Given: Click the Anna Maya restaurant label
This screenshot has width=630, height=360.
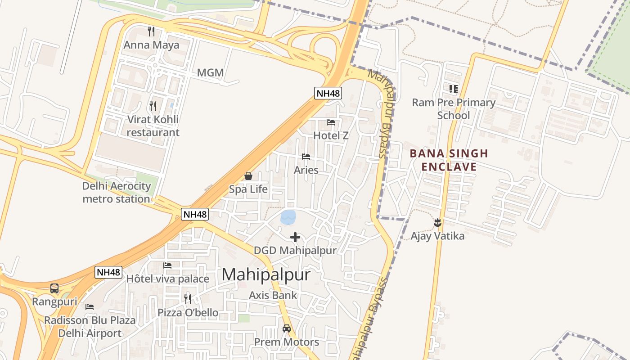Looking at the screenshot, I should [151, 45].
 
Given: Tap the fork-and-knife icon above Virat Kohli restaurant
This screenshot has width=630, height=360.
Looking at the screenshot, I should [153, 106].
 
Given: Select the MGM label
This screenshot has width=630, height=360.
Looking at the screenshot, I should [210, 72].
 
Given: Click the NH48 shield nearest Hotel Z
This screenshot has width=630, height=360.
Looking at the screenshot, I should [328, 93].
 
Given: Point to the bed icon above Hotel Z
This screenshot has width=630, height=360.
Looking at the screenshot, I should [331, 122].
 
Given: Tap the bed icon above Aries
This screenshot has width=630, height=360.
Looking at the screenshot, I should [306, 157].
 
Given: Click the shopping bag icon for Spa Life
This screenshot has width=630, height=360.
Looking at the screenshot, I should [248, 176].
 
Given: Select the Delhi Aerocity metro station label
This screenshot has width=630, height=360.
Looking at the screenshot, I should [116, 192].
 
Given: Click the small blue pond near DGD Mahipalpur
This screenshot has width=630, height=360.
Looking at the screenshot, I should [288, 217].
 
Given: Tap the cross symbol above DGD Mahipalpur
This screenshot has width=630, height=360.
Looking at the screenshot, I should [295, 237].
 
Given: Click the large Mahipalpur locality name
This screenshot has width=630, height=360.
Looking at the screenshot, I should [266, 274].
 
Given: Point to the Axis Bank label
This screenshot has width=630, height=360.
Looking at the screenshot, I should [273, 295].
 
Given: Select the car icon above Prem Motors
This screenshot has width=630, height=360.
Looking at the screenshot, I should [287, 328].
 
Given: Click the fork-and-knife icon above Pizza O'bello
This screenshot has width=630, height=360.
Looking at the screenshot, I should [188, 299].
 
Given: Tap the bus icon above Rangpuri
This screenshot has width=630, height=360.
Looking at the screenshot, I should [54, 288].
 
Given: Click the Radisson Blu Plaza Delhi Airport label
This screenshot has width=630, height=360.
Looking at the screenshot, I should [90, 327].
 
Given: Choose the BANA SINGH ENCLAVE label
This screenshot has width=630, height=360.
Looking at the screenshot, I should [449, 160].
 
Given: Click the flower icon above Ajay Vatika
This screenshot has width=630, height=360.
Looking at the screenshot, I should [437, 222].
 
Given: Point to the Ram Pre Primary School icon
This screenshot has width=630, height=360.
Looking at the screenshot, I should [453, 89].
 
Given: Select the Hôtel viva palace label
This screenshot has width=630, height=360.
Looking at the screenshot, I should [167, 279].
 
